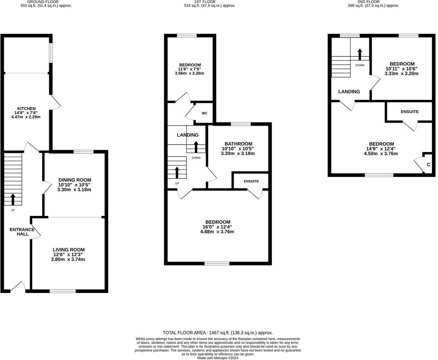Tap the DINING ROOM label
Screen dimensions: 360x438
pyautogui.click(x=75, y=180)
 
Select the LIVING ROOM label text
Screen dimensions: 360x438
pyautogui.click(x=69, y=250)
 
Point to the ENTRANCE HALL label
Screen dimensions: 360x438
pyautogui.click(x=22, y=232)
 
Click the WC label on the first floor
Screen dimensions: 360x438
pyautogui.click(x=204, y=113)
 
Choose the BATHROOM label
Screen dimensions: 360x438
pyautogui.click(x=238, y=144)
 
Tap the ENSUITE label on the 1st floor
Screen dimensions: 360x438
pyautogui.click(x=251, y=181)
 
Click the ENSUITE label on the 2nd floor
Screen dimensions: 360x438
pyautogui.click(x=410, y=112)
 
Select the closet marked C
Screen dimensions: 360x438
pyautogui.click(x=428, y=164)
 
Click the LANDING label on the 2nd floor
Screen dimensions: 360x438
pyautogui.click(x=349, y=92)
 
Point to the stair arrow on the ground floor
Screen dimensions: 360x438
pyautogui.click(x=13, y=199)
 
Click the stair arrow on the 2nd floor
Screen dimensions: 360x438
pyautogui.click(x=360, y=54)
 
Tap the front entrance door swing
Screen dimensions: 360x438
pyautogui.click(x=18, y=287)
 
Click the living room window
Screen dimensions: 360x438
pyautogui.click(x=63, y=291)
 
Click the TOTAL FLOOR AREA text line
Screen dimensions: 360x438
pyautogui.click(x=218, y=333)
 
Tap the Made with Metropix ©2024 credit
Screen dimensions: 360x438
pyautogui.click(x=218, y=358)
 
